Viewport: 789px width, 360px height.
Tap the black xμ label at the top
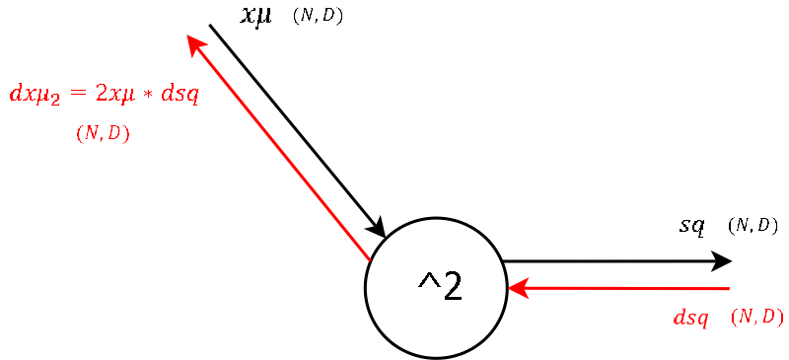tap(256, 15)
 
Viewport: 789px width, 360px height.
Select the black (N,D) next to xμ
tap(318, 15)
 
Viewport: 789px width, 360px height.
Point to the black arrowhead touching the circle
tap(377, 228)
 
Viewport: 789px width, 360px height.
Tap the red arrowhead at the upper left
tap(194, 43)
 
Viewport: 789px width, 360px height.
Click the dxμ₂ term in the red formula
tap(35, 95)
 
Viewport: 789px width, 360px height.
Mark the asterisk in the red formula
tap(148, 95)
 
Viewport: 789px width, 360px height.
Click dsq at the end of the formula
tap(179, 94)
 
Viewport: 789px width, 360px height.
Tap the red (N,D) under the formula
tap(103, 132)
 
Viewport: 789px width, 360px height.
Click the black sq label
tap(691, 226)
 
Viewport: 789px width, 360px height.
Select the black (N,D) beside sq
tap(753, 226)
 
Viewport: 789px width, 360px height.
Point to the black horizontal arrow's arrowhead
tap(721, 261)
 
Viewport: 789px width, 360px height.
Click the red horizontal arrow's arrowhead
tap(518, 288)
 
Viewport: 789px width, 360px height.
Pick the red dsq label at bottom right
tap(690, 318)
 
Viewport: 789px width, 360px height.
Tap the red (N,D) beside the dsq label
tap(756, 317)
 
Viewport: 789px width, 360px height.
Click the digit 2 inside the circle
tap(452, 286)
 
